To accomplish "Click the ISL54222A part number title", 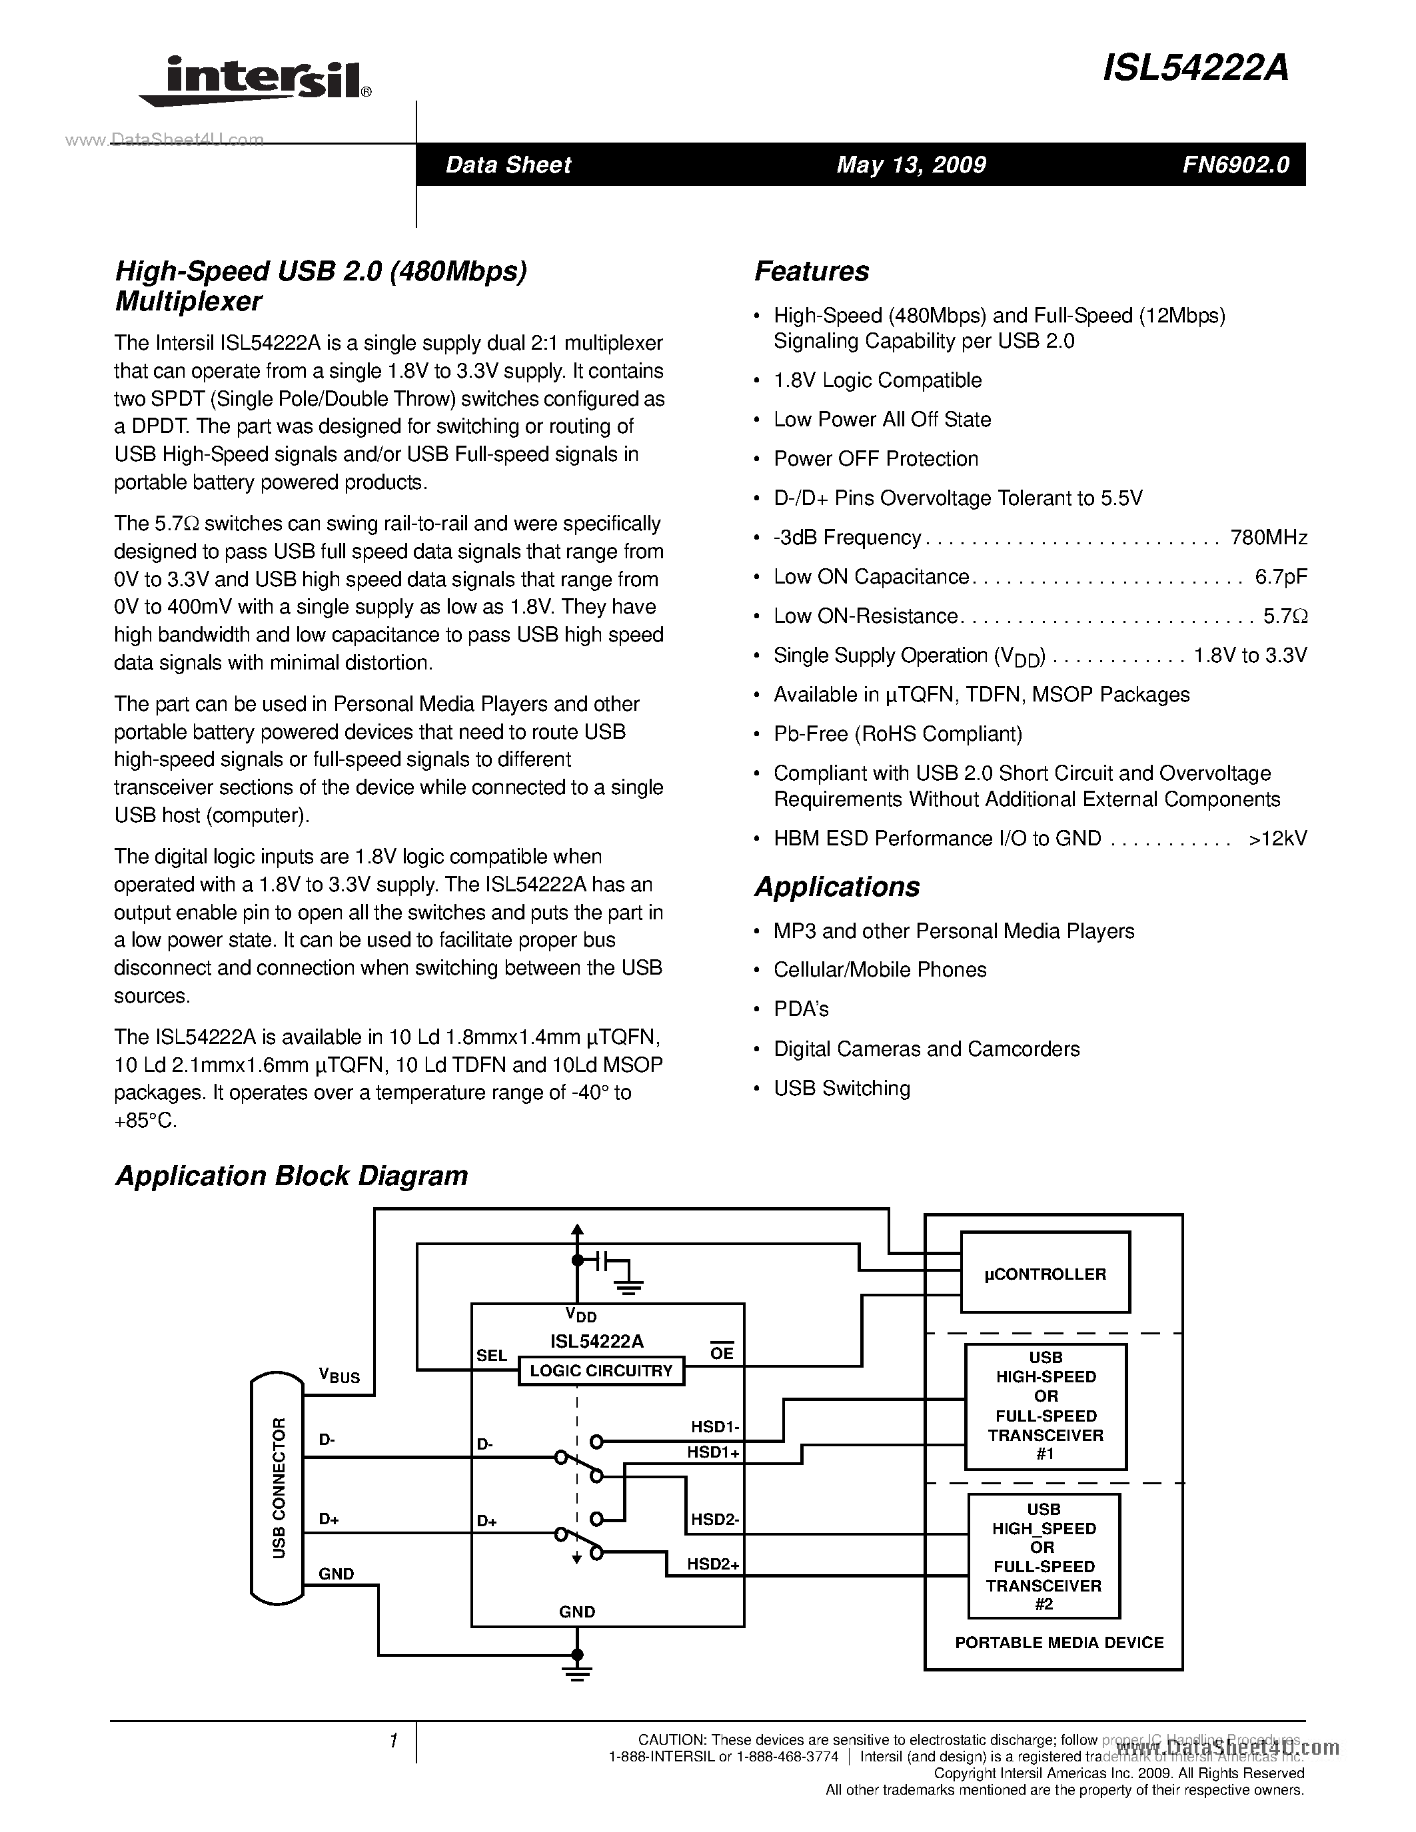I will (x=1195, y=68).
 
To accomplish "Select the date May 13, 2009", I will (x=910, y=165).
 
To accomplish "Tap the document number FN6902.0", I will (x=1235, y=165).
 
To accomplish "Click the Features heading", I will (x=811, y=271).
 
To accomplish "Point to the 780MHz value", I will (x=1267, y=537).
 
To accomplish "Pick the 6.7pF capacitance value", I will (x=1280, y=576).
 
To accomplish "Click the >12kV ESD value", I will (x=1277, y=838).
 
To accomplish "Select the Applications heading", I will (x=836, y=886).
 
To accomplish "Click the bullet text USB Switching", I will (x=842, y=1088).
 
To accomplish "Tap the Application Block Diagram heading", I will (x=291, y=1175).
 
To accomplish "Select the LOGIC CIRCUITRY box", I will (x=600, y=1370).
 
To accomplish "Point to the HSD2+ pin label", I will (x=713, y=1564).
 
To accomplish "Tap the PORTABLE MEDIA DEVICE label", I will (x=1059, y=1642).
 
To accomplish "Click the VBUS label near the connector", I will (x=339, y=1375).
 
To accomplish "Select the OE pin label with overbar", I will (x=722, y=1353).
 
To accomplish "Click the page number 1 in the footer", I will (x=392, y=1741).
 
